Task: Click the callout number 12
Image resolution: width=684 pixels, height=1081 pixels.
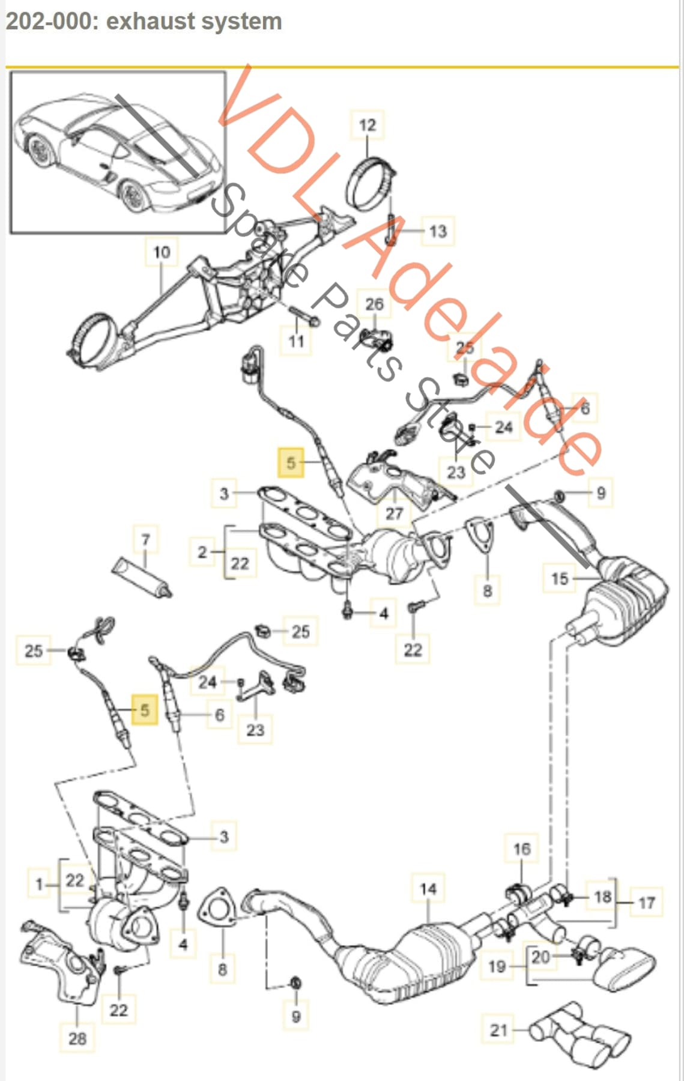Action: pyautogui.click(x=367, y=126)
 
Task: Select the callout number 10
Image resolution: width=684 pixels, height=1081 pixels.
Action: pyautogui.click(x=162, y=252)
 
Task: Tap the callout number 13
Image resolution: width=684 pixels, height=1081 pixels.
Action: pyautogui.click(x=438, y=231)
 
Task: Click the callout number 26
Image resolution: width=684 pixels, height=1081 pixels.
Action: pyautogui.click(x=374, y=304)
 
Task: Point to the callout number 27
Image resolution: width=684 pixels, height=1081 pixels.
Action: pyautogui.click(x=394, y=513)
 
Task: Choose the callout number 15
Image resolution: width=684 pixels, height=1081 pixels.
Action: pyautogui.click(x=559, y=578)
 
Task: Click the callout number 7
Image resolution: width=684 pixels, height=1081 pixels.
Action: pyautogui.click(x=145, y=540)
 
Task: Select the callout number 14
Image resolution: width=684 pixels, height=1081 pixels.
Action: pyautogui.click(x=428, y=889)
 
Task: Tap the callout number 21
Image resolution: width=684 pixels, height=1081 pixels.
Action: pyautogui.click(x=499, y=1031)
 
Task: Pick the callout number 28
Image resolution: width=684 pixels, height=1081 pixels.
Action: pyautogui.click(x=77, y=1038)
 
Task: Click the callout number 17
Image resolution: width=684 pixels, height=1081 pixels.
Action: pyautogui.click(x=646, y=903)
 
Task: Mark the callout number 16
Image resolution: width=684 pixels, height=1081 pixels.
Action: pyautogui.click(x=522, y=849)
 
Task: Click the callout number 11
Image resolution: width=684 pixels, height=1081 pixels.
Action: pyautogui.click(x=296, y=341)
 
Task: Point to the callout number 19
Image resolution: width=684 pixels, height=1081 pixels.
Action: pyautogui.click(x=497, y=966)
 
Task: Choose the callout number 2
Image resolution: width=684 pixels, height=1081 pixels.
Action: pyautogui.click(x=202, y=552)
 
